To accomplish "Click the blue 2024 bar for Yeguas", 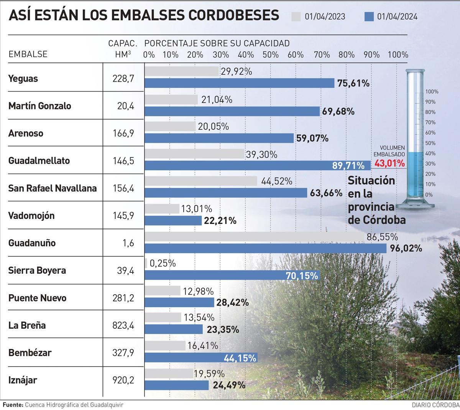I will (240, 83).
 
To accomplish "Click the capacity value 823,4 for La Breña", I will (124, 325).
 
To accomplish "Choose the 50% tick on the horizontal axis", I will (271, 54).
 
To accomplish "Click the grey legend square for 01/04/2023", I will (296, 16).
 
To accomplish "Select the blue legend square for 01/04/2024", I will (368, 16).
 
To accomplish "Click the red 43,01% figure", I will (389, 163).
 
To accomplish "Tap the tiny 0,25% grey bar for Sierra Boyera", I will (146, 263).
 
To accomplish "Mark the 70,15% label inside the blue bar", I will (302, 275).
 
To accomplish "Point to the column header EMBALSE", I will (28, 54).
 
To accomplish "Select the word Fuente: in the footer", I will (13, 405).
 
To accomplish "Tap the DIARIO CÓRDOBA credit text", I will (435, 405).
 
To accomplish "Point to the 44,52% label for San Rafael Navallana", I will (276, 181).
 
